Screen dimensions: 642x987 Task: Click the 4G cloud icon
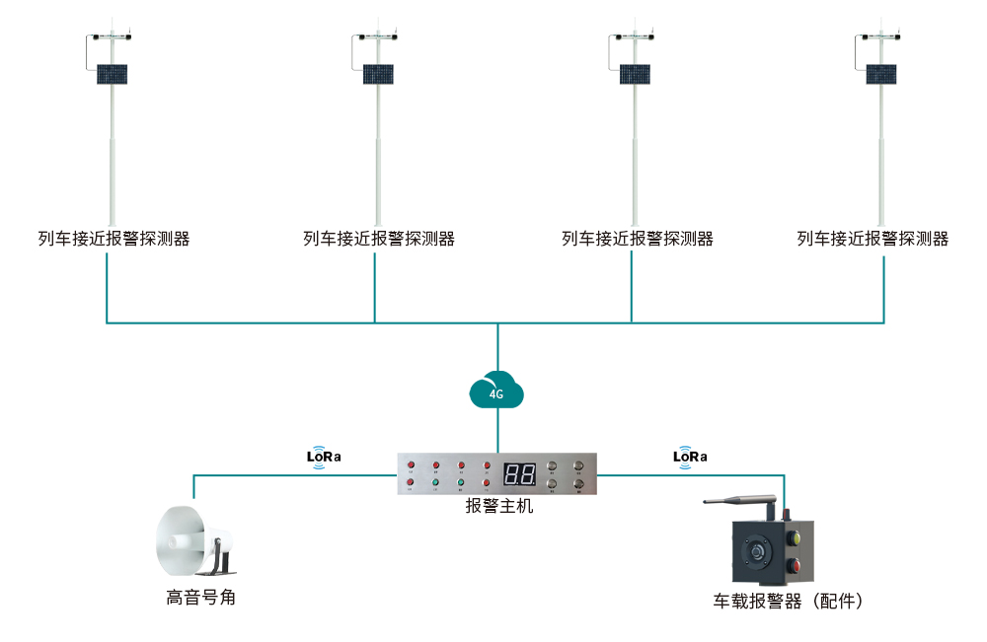pyautogui.click(x=496, y=391)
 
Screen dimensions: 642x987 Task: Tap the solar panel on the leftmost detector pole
pyautogui.click(x=113, y=74)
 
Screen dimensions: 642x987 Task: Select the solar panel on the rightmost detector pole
pyautogui.click(x=881, y=74)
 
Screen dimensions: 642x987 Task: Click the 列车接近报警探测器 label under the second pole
pyautogui.click(x=379, y=239)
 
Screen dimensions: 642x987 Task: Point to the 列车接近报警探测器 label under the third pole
pyautogui.click(x=637, y=239)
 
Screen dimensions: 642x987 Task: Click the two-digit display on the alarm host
pyautogui.click(x=519, y=473)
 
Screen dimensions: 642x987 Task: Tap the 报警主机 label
pyautogui.click(x=499, y=507)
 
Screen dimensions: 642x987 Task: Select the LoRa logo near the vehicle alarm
pyautogui.click(x=690, y=457)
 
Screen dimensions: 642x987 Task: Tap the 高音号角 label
pyautogui.click(x=200, y=598)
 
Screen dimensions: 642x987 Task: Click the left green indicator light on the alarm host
pyautogui.click(x=435, y=483)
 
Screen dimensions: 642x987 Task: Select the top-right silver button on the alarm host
pyautogui.click(x=578, y=464)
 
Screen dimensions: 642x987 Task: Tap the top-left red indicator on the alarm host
pyautogui.click(x=410, y=464)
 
